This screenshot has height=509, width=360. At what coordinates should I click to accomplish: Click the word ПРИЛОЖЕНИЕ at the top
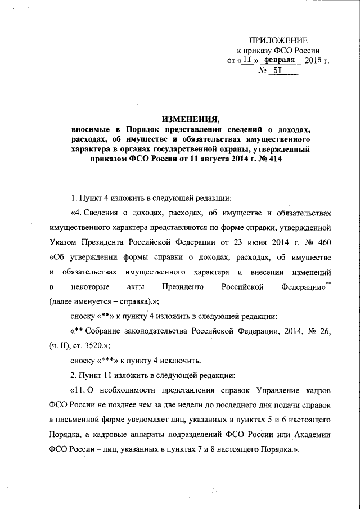point(278,40)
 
